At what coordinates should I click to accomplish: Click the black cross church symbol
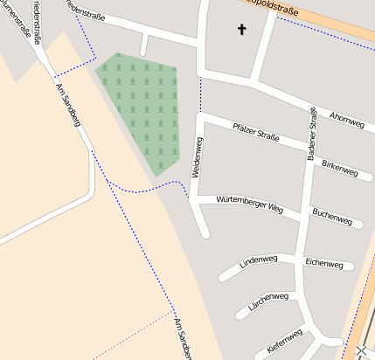242,30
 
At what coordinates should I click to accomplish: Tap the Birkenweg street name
340,169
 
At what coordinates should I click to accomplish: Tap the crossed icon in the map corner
364,351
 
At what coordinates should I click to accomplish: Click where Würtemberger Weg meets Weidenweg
194,200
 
